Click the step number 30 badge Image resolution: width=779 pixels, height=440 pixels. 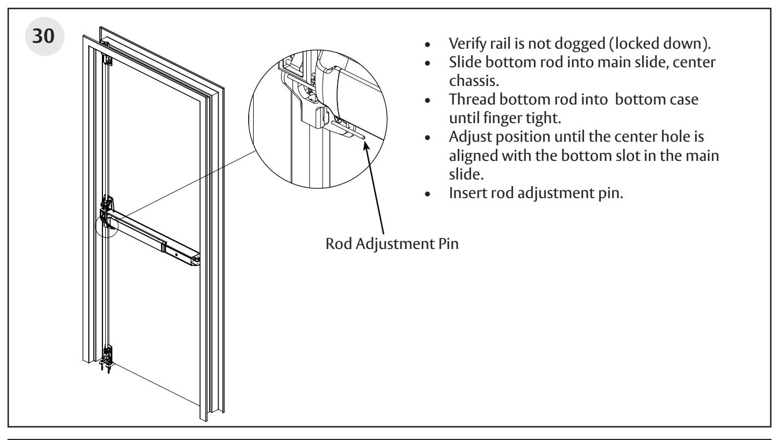(44, 36)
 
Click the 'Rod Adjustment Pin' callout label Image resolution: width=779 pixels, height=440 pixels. (392, 244)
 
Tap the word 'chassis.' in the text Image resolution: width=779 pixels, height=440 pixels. (474, 80)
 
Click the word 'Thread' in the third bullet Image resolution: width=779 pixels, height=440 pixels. (472, 100)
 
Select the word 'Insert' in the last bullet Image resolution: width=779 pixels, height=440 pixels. (468, 193)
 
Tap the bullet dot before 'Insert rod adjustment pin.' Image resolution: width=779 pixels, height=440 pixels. (427, 194)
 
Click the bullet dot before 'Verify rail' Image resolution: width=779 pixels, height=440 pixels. (427, 45)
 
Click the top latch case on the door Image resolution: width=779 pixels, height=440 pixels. (107, 58)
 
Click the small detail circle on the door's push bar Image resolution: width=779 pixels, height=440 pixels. (107, 226)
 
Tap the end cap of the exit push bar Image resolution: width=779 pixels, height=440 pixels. (196, 260)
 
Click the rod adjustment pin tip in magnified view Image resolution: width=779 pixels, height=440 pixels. (363, 138)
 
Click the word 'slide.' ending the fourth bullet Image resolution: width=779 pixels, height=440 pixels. (466, 174)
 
